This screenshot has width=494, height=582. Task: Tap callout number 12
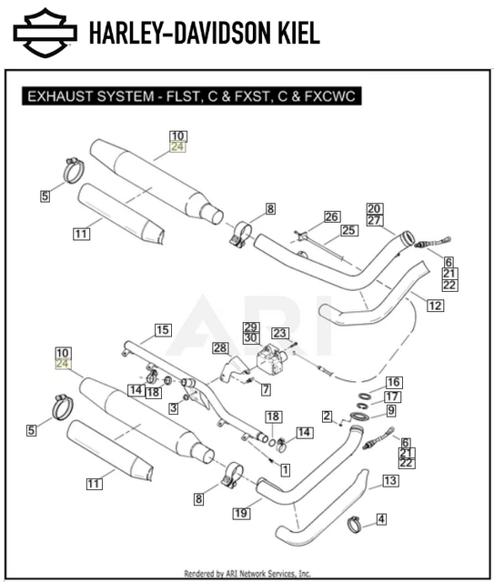(x=434, y=306)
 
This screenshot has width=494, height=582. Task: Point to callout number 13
(x=389, y=480)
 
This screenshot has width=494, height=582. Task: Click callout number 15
(x=162, y=329)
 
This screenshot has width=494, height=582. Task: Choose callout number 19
(x=240, y=514)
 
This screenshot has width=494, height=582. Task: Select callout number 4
(x=381, y=519)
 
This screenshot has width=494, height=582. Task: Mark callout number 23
(x=278, y=333)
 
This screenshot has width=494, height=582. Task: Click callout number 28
(x=219, y=348)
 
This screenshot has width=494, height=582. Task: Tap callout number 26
(x=331, y=216)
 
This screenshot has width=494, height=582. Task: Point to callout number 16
(x=392, y=382)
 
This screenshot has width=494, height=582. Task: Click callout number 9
(x=391, y=411)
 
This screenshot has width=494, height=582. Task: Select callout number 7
(x=266, y=389)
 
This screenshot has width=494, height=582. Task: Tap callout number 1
(x=285, y=470)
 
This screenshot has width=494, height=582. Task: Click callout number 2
(x=326, y=416)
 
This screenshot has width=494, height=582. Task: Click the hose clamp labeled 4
(x=354, y=524)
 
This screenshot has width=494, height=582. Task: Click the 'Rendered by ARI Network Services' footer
(x=247, y=574)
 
